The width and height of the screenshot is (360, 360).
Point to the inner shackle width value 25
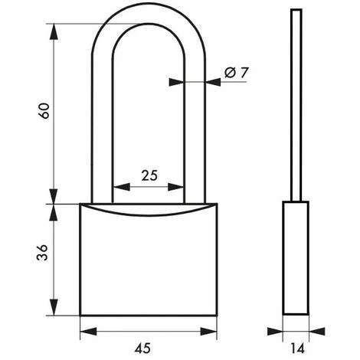[149, 175]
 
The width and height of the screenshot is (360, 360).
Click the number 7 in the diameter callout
[245, 73]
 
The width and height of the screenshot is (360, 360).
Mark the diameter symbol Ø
[230, 73]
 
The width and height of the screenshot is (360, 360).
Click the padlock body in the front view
[149, 264]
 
